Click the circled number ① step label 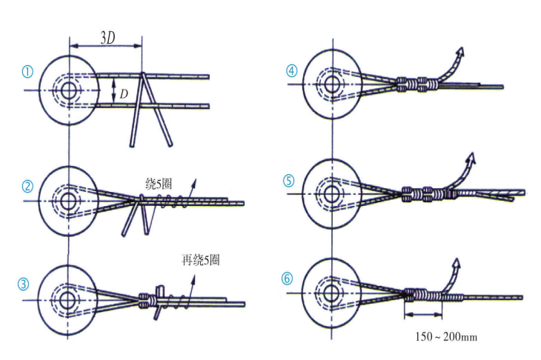click(x=27, y=72)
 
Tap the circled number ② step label click(x=27, y=186)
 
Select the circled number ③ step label click(x=24, y=284)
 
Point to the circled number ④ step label click(x=292, y=71)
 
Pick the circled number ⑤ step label click(x=289, y=181)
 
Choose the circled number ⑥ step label click(x=287, y=279)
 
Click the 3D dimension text click(x=107, y=38)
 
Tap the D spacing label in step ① click(x=124, y=93)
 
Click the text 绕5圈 click(x=159, y=184)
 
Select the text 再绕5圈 click(x=200, y=260)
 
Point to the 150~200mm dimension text click(x=446, y=336)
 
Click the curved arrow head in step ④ click(x=460, y=52)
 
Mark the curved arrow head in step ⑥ click(x=456, y=263)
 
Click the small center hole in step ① click(x=70, y=90)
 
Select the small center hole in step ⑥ click(x=331, y=293)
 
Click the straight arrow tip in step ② click(x=196, y=180)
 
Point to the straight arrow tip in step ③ click(x=194, y=276)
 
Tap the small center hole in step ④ click(x=333, y=84)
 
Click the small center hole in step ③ click(x=67, y=300)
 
